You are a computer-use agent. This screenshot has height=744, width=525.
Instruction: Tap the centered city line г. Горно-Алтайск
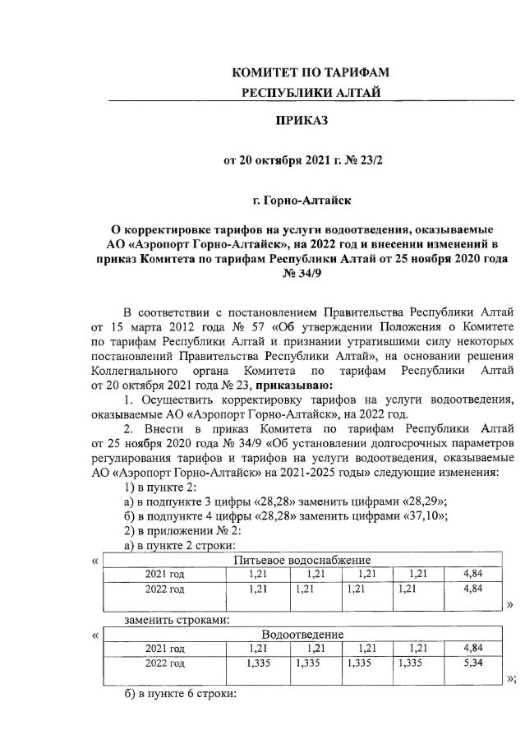[x=304, y=199]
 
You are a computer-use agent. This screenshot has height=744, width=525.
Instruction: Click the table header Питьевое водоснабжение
[x=302, y=561]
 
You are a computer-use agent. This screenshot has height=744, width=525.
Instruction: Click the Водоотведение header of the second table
[x=302, y=635]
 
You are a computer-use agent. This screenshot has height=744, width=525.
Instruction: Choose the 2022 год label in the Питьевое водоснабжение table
[x=164, y=589]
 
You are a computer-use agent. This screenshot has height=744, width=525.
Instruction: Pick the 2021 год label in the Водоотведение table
[x=164, y=649]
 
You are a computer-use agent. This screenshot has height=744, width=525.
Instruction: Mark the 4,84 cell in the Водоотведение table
[x=472, y=649]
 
